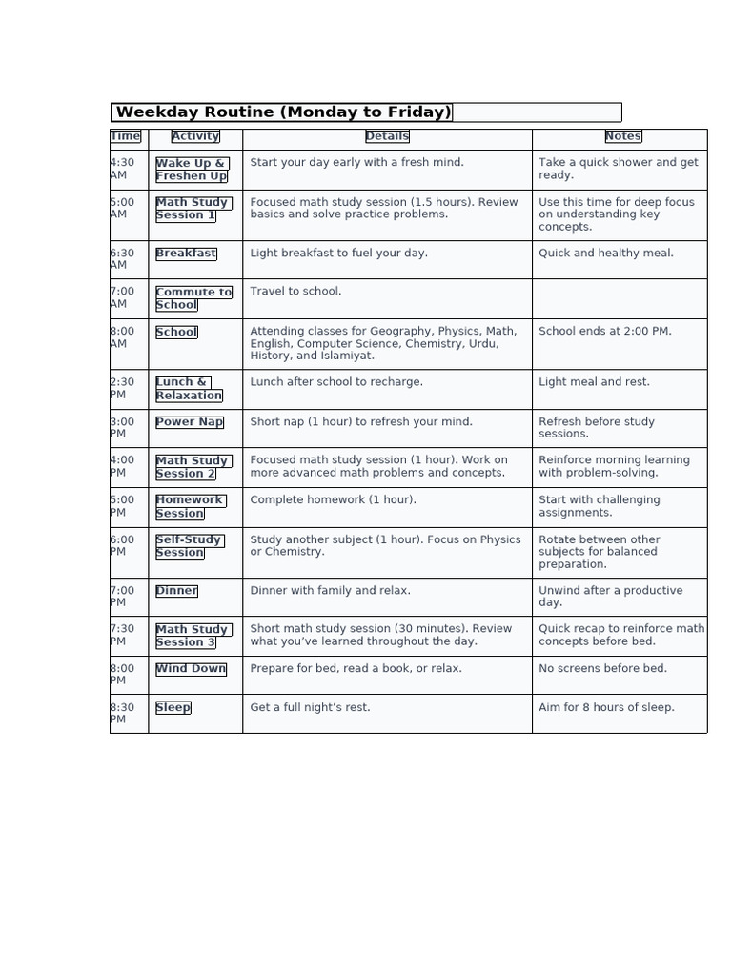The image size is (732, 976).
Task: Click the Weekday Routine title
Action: (x=283, y=112)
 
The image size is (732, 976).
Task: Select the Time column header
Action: (x=126, y=136)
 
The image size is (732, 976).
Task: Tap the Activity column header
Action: (x=195, y=136)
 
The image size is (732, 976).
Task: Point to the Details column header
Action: (x=387, y=136)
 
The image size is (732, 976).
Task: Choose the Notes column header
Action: (x=623, y=136)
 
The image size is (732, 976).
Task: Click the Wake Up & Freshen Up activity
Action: (x=192, y=170)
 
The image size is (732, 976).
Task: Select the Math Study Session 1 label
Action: (x=192, y=209)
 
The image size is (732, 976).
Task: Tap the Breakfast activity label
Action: (x=186, y=254)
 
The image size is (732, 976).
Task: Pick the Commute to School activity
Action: (x=193, y=298)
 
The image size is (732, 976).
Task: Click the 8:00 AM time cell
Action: (x=123, y=337)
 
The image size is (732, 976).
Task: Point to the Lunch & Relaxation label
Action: (x=189, y=389)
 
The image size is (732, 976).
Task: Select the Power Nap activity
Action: (x=190, y=422)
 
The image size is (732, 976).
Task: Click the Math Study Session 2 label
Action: (x=192, y=467)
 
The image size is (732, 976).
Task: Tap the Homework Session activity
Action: (x=189, y=506)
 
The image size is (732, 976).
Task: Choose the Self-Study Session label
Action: (x=189, y=546)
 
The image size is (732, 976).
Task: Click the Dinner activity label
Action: (x=176, y=591)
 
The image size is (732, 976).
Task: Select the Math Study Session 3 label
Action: (x=192, y=636)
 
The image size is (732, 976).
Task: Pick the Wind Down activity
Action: (x=191, y=669)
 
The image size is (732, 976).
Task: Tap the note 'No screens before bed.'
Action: (x=603, y=669)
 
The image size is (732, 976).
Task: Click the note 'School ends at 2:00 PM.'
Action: (x=605, y=332)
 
